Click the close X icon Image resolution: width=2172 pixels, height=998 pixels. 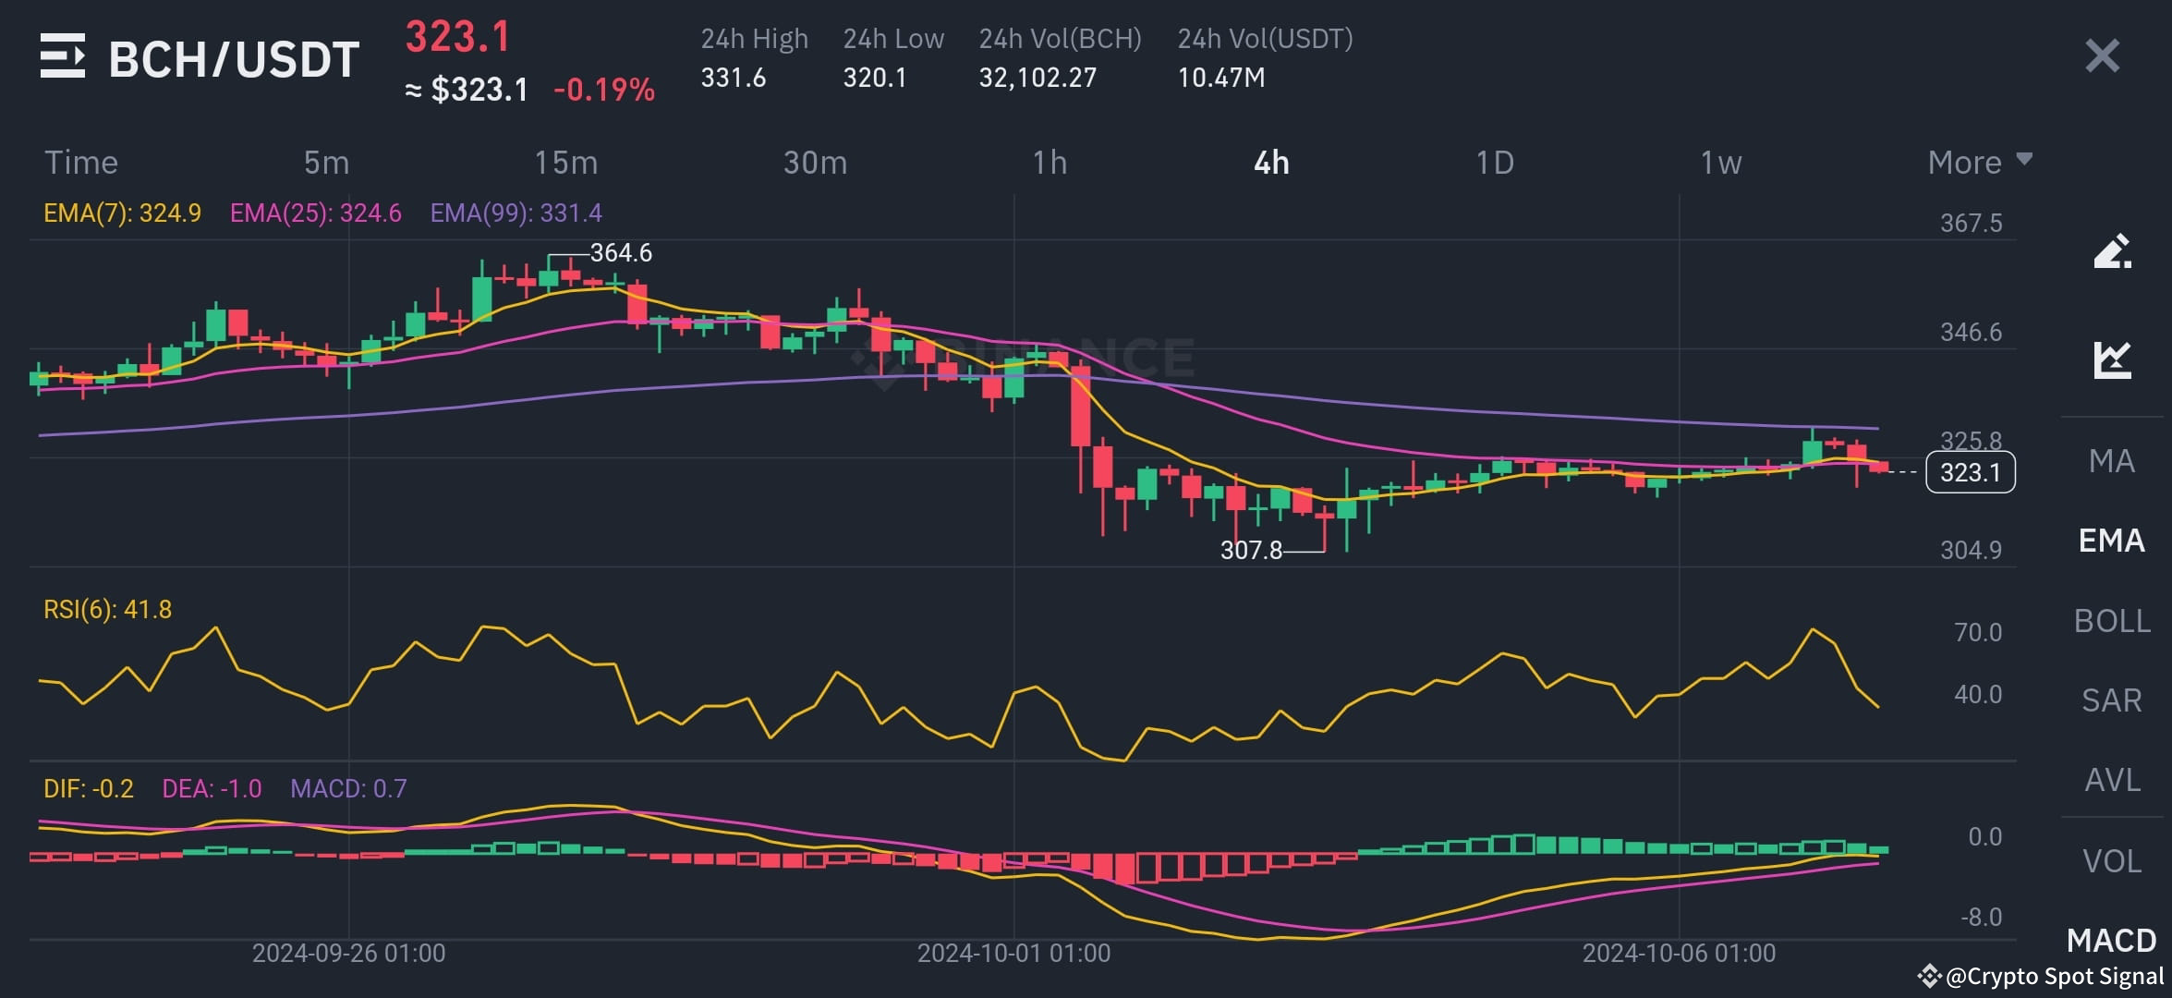pos(2102,56)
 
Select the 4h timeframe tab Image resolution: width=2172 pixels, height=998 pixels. pos(1271,163)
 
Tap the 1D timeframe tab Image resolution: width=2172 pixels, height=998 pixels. pos(1494,163)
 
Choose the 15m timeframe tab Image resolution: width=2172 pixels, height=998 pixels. pos(565,163)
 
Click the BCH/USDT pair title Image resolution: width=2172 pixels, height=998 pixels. pos(234,60)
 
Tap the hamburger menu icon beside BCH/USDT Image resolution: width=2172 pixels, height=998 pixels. pos(63,56)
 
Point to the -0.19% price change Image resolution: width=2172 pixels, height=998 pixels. pos(604,90)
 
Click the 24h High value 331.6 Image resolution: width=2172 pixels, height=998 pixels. pos(733,78)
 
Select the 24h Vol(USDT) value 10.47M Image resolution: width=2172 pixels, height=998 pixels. pos(1220,78)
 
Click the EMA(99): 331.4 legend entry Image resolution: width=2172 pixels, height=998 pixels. pos(516,213)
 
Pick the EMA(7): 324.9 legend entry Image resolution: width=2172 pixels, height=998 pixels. pos(122,213)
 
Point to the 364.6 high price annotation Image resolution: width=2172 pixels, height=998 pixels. pos(621,252)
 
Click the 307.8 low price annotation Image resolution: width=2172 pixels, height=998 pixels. pos(1251,551)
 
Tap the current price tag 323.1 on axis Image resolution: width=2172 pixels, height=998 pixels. pos(1970,472)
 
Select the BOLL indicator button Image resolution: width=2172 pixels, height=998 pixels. pos(2112,621)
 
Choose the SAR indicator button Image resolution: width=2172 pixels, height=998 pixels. pos(2112,700)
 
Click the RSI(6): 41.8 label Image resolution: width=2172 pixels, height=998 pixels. pos(107,610)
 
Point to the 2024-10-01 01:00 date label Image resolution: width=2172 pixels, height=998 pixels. pos(1013,954)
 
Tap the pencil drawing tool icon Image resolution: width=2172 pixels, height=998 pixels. pos(2112,251)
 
